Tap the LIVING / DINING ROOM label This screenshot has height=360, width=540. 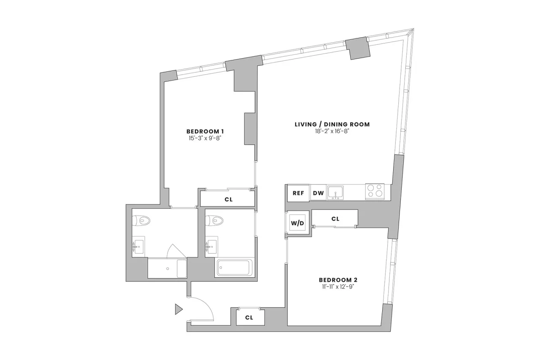tap(332, 124)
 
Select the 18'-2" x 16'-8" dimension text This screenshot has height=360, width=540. tap(332, 131)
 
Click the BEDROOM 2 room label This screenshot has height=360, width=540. tap(338, 280)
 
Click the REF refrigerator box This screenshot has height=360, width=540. tap(298, 193)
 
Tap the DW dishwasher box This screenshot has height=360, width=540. tap(318, 193)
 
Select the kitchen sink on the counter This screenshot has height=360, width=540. tap(336, 192)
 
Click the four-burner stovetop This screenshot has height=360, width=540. tap(375, 191)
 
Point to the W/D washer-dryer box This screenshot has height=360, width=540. tap(297, 223)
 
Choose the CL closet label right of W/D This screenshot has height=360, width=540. tap(335, 219)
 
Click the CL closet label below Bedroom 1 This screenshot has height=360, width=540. tap(228, 199)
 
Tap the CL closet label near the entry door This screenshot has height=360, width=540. tap(249, 318)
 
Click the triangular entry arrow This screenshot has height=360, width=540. tap(178, 309)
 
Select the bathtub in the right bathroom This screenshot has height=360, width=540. tap(234, 268)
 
